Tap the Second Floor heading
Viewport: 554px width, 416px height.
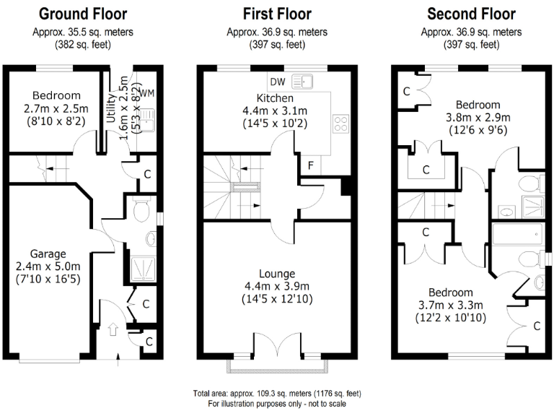(472, 14)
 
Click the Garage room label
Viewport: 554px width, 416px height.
(49, 253)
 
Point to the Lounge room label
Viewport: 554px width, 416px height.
(278, 274)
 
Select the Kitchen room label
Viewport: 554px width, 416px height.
(275, 97)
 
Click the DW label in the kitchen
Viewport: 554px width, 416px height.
(279, 80)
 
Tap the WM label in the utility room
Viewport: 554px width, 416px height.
(147, 93)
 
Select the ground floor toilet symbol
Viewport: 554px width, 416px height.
(141, 210)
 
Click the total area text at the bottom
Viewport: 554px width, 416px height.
(278, 394)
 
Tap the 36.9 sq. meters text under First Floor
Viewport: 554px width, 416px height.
(278, 32)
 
